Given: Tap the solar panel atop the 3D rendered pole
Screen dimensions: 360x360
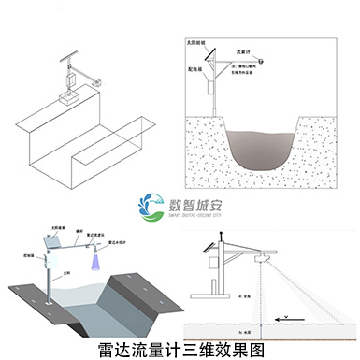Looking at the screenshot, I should (53, 241).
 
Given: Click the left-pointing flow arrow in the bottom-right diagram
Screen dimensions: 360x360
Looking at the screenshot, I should (297, 318).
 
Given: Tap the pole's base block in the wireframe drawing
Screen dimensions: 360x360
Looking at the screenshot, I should (65, 97).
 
